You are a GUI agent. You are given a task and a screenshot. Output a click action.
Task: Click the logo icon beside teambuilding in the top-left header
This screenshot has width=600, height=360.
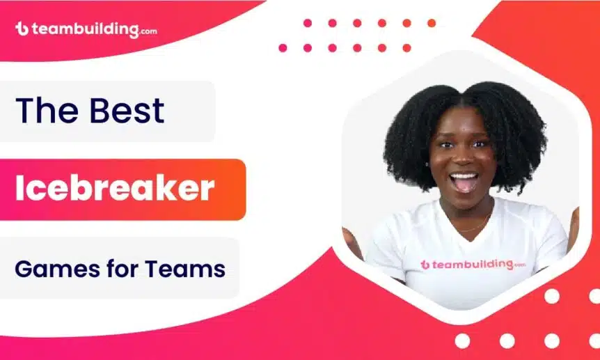22,29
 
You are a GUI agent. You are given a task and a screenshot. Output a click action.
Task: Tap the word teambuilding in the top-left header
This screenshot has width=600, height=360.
85,29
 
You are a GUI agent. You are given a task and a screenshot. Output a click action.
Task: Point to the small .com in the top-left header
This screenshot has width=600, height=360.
148,31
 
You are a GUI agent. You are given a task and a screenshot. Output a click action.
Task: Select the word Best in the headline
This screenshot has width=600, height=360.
127,111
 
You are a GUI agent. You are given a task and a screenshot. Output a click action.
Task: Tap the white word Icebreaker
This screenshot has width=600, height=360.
115,189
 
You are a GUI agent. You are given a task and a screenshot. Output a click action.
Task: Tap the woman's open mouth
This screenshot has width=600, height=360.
464,182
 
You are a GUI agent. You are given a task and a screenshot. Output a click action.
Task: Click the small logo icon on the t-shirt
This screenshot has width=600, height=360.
425,265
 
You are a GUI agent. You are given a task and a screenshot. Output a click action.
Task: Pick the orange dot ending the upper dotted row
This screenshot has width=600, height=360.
432,23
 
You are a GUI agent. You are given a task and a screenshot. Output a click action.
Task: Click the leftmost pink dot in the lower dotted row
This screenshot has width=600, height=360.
283,48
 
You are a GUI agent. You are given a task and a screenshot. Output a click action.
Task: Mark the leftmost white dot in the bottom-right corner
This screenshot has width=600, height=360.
462,341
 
